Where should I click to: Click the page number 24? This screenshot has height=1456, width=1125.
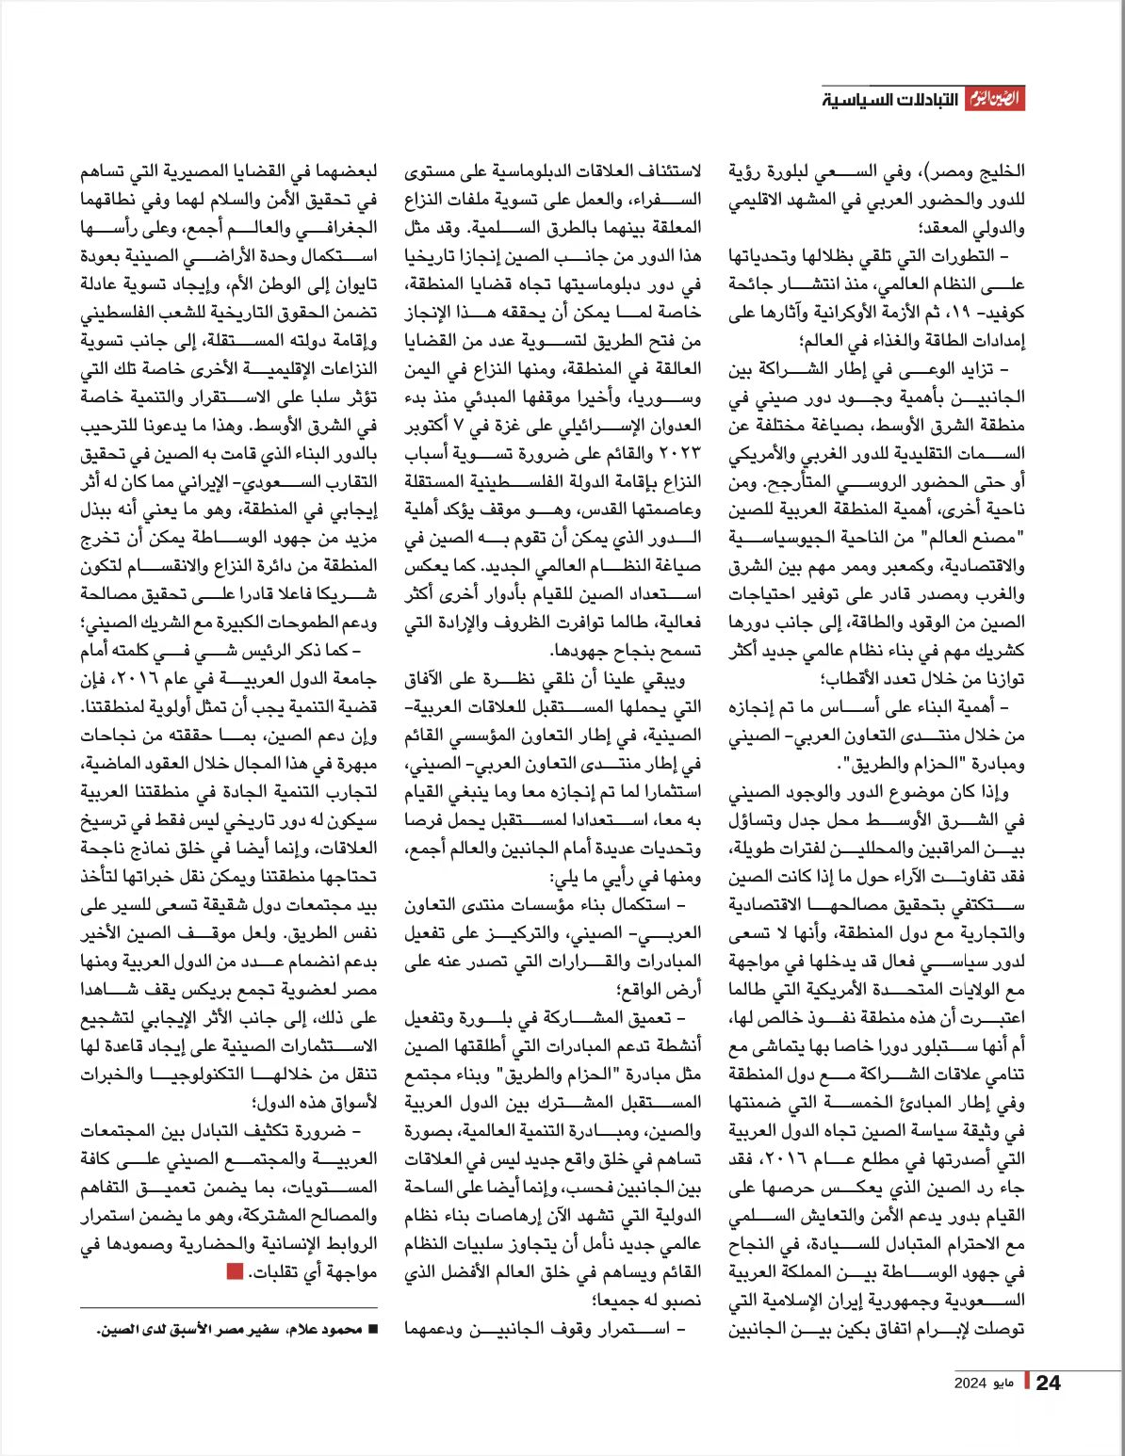point(1048,1383)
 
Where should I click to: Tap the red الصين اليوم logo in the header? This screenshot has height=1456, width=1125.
point(994,99)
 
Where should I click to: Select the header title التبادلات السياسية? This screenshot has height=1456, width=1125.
point(889,100)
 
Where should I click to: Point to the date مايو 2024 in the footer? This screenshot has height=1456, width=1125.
point(985,1383)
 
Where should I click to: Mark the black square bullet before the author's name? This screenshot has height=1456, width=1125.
point(372,1330)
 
